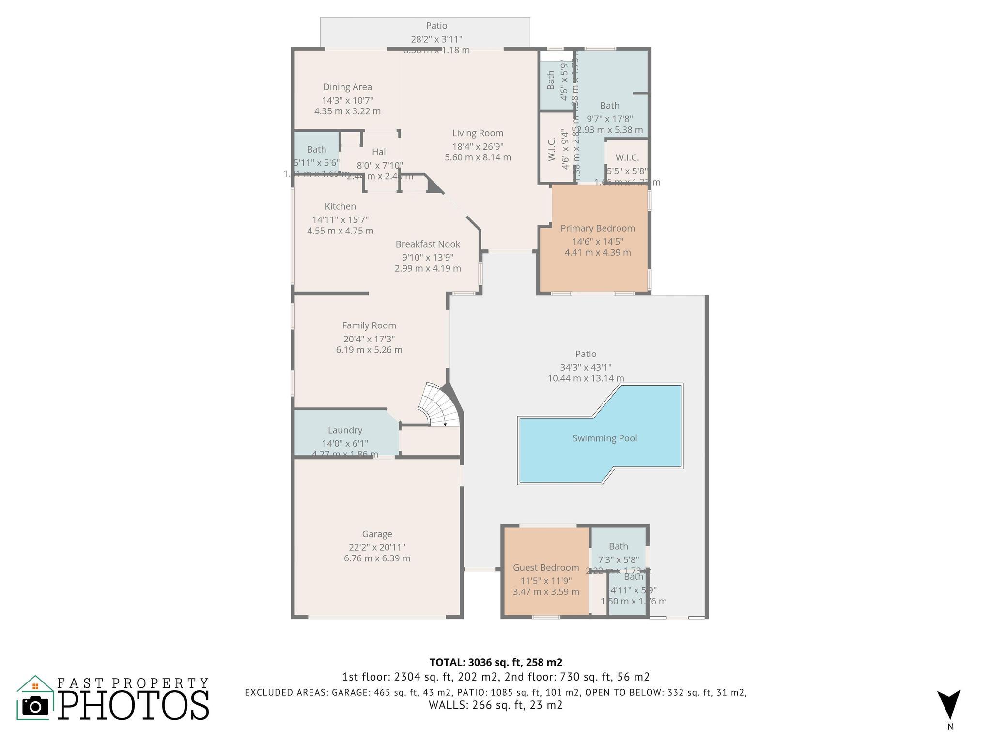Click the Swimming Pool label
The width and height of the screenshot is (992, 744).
[x=604, y=438]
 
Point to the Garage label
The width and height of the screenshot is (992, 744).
[x=377, y=534]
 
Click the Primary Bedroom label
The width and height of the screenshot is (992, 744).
[x=597, y=228]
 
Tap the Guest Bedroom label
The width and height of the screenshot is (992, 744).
[x=546, y=567]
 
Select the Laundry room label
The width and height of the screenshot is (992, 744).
[x=345, y=430]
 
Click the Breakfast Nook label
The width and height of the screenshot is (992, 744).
[x=428, y=244]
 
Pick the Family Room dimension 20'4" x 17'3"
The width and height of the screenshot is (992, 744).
[x=369, y=339]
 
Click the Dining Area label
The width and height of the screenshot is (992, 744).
[x=347, y=87]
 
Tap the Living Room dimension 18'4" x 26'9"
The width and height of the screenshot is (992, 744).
[x=478, y=146]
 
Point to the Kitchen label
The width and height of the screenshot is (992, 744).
[x=340, y=206]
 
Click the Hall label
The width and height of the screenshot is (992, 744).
[x=380, y=152]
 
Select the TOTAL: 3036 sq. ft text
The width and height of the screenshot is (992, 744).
[x=496, y=662]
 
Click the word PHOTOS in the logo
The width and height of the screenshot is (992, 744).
[x=134, y=705]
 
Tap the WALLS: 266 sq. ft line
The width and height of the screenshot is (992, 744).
[x=495, y=705]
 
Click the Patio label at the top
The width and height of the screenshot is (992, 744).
[x=436, y=26]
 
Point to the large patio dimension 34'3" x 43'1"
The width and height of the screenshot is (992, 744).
[x=586, y=368]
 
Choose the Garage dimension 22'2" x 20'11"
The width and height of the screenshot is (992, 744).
[x=377, y=547]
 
